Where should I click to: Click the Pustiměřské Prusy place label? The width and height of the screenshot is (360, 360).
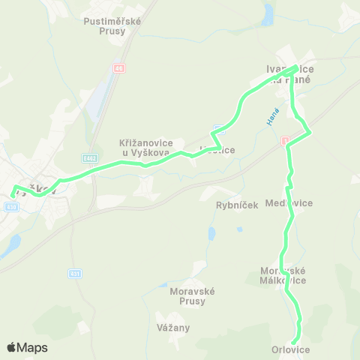tap(112, 26)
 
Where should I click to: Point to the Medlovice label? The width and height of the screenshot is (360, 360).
tap(294, 202)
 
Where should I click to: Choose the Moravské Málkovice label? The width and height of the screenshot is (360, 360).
tap(283, 275)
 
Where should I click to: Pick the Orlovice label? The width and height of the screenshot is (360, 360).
tap(290, 349)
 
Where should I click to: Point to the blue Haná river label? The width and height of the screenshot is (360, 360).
tap(271, 118)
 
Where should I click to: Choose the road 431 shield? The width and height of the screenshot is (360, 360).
tap(73, 273)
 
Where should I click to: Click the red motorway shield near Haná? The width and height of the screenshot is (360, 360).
tap(285, 140)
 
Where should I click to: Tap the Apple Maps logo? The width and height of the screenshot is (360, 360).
tap(27, 347)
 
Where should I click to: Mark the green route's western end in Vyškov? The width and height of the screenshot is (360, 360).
tap(12, 193)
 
